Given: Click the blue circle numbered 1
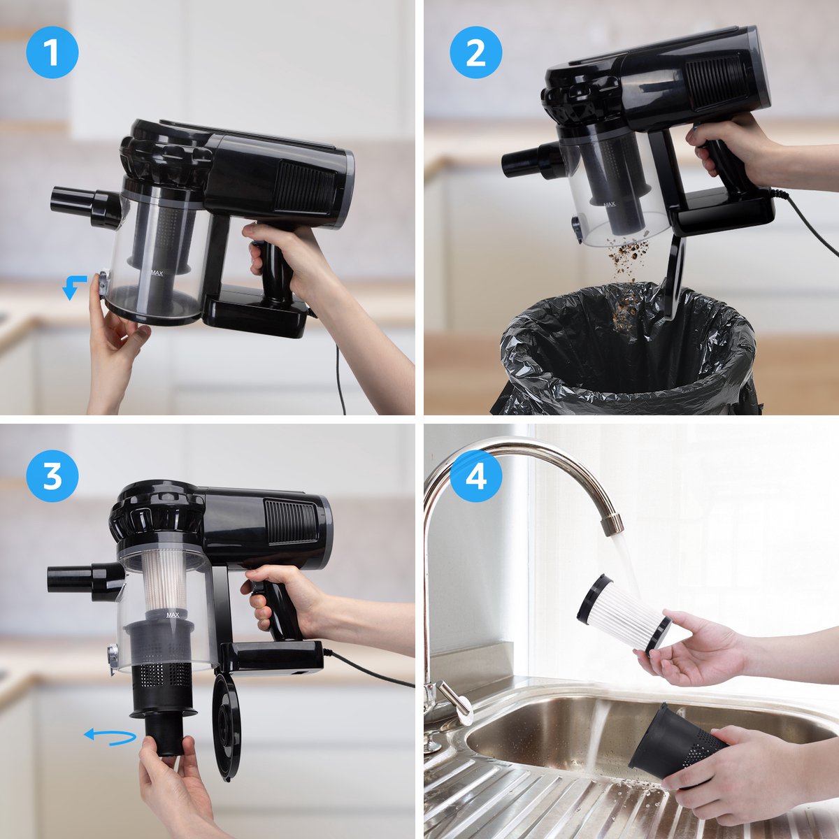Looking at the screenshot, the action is click(52, 52).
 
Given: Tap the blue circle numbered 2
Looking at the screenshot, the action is click(475, 52).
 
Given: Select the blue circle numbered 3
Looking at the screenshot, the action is click(52, 476).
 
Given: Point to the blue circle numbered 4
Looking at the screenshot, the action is click(475, 476).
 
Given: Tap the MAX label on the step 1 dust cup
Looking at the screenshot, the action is click(157, 273).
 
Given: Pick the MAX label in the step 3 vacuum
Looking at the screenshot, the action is click(173, 615).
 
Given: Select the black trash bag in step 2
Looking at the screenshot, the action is click(627, 352).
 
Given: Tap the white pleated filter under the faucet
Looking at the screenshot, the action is click(623, 614).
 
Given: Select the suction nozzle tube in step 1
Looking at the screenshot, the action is click(85, 206).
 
